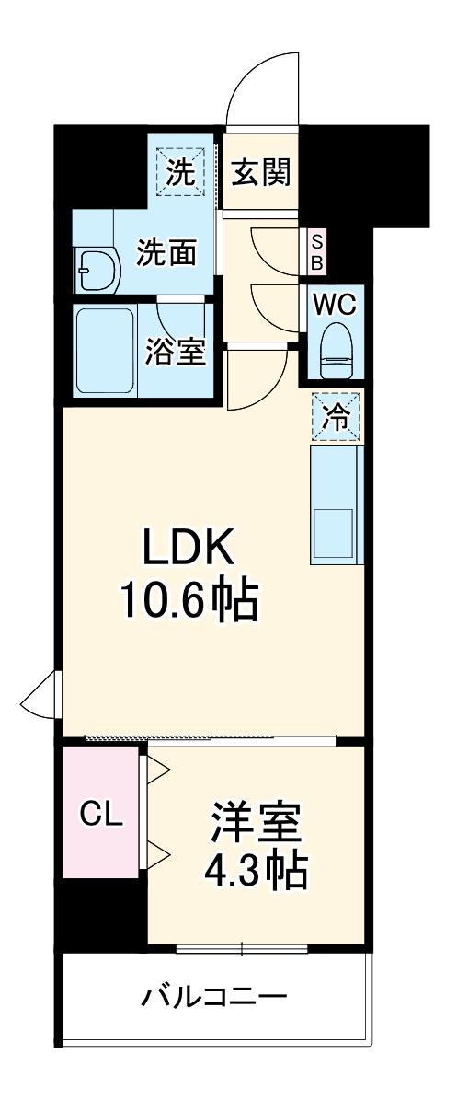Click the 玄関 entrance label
coord(261,173)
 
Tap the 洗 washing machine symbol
coord(180,173)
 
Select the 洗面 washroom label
coord(166,252)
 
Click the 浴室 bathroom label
coord(175,352)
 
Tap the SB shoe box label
coord(315,251)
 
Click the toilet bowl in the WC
coord(337,351)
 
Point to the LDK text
coord(188,547)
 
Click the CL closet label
coord(102,815)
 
